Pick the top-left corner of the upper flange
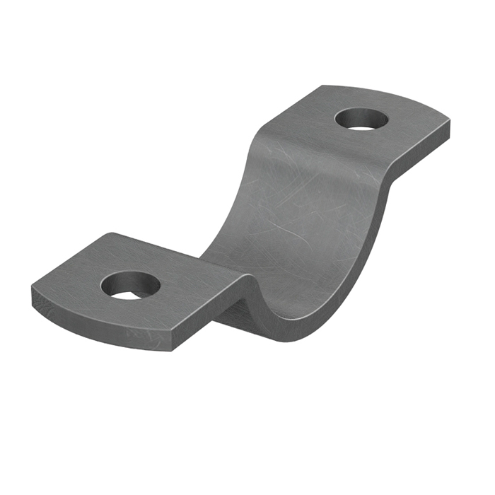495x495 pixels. pos(322,87)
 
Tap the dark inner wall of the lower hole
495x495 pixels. pos(131,279)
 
